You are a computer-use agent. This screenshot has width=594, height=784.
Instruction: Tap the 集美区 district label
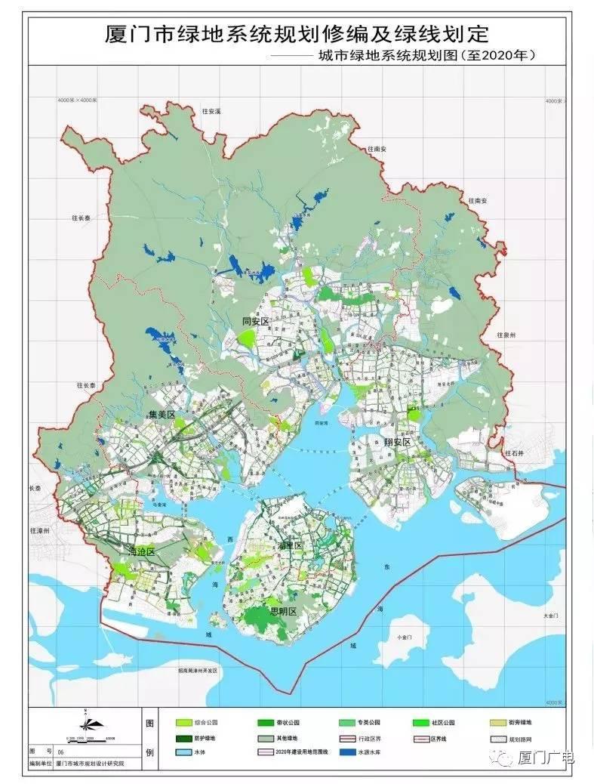pyautogui.click(x=162, y=415)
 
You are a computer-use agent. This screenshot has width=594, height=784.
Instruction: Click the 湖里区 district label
pyautogui.click(x=290, y=545)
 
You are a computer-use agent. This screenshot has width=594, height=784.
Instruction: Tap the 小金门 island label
pyautogui.click(x=406, y=636)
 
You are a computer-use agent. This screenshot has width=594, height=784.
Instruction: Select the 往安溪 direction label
pyautogui.click(x=211, y=111)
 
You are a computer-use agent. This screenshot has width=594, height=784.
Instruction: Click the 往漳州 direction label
pyautogui.click(x=40, y=531)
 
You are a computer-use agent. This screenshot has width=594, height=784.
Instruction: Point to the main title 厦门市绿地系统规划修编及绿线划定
pyautogui.click(x=297, y=34)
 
